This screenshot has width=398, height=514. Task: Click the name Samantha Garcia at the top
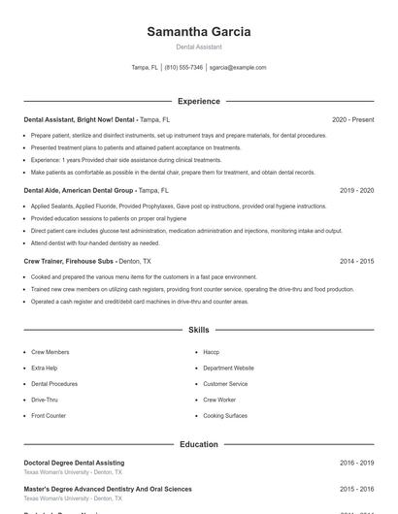198,32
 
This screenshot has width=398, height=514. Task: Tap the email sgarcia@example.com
237,68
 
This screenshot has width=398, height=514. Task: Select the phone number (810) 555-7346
183,68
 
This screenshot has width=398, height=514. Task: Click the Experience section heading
198,101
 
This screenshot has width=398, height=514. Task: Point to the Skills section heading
198,331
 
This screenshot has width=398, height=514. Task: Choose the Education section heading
198,444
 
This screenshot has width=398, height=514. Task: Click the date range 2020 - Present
352,119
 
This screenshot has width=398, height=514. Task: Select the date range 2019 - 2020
356,191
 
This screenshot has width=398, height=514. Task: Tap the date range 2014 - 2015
356,261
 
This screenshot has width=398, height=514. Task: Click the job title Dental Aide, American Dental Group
79,191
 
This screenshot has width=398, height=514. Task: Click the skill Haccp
211,352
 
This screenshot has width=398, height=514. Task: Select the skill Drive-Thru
45,400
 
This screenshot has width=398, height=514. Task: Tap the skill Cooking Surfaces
225,415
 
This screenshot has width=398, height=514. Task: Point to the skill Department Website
228,369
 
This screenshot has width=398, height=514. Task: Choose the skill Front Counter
49,415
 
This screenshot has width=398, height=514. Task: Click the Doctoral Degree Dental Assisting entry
74,463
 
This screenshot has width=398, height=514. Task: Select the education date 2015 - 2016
356,489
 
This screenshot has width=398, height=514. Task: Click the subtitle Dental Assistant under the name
198,47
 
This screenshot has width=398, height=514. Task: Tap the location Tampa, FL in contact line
145,68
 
